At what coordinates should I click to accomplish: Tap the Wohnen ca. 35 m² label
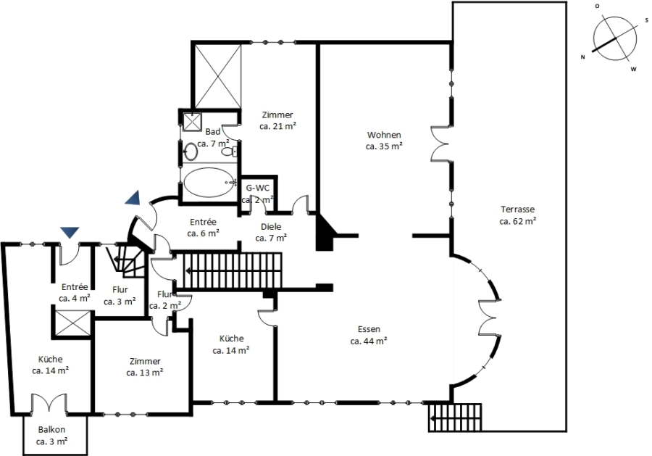point(384,141)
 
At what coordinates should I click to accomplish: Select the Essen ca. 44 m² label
point(369,335)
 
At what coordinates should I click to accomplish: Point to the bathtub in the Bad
point(209,183)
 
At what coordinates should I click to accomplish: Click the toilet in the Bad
point(230,152)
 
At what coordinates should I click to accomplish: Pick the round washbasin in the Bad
point(191,152)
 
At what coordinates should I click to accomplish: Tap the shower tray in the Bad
point(192,122)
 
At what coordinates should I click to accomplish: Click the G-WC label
point(257,188)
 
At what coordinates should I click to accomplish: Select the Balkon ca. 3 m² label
point(51,436)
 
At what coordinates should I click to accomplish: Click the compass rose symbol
point(614,38)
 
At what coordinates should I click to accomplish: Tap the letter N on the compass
point(583,57)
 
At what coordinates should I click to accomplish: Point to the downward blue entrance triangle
point(70,233)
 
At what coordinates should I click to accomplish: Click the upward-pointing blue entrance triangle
point(133,198)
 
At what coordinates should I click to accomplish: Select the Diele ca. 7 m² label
point(271,232)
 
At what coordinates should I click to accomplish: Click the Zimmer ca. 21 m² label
point(277,120)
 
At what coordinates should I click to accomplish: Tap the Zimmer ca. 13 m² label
point(145,367)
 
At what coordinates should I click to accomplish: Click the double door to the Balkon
point(49,403)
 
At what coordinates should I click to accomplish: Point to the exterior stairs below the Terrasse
point(455,418)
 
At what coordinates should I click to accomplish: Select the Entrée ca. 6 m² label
point(204,228)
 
